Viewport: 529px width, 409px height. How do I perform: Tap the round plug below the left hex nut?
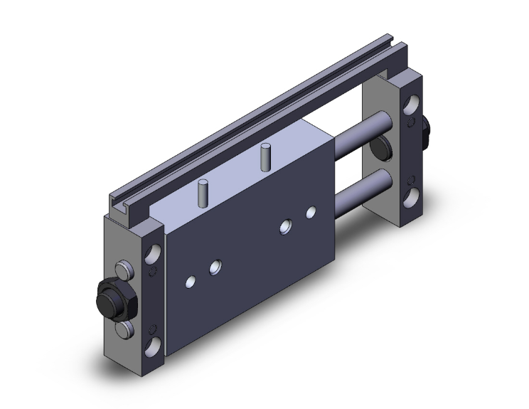(124, 328)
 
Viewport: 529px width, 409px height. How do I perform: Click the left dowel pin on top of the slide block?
(203, 192)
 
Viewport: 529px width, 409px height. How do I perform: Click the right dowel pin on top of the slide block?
(266, 155)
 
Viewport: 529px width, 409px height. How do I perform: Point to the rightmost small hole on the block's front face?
(310, 212)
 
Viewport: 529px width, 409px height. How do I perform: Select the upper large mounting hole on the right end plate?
(411, 107)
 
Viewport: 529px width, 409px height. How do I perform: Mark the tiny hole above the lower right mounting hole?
(410, 177)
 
